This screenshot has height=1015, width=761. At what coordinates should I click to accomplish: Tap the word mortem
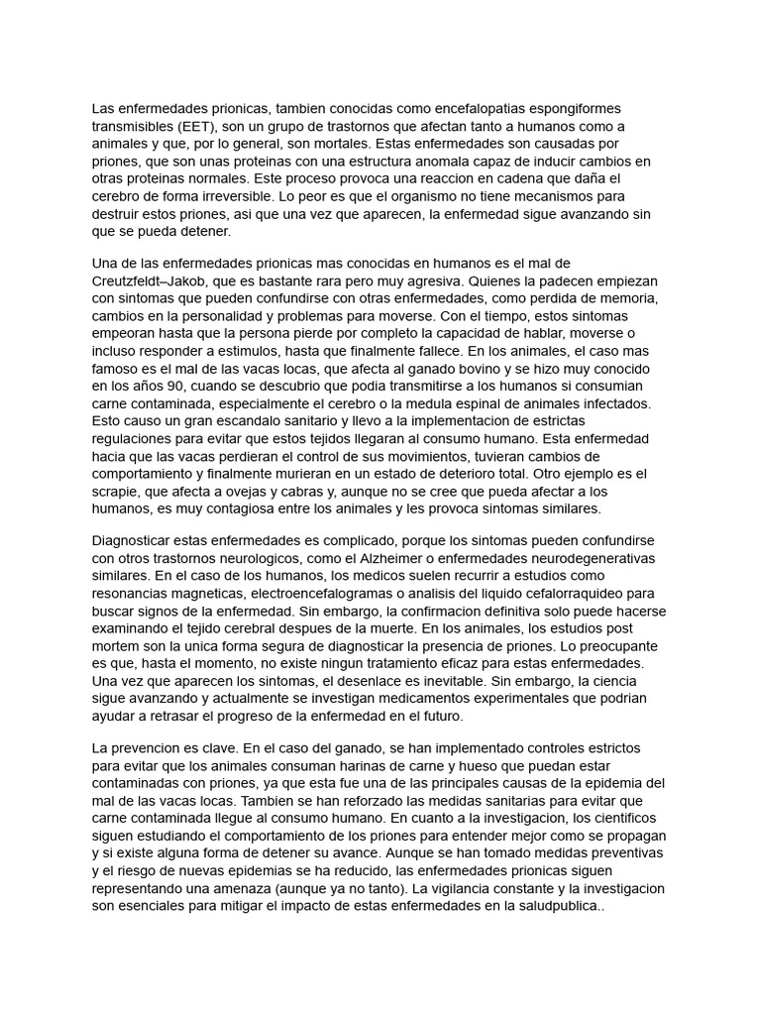pos(117,646)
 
